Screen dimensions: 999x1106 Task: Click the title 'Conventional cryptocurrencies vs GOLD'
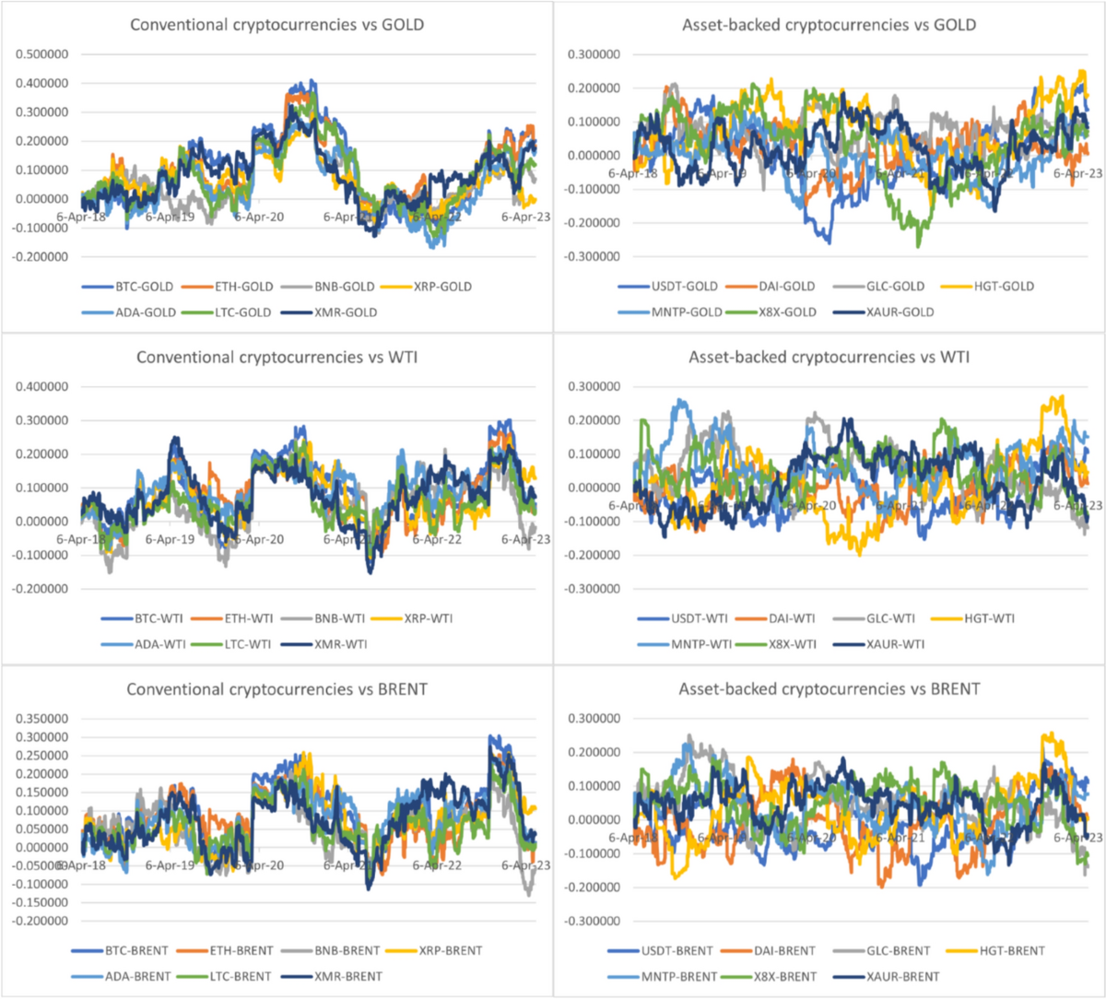tap(276, 25)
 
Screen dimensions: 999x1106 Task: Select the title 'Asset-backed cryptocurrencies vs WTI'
tap(829, 357)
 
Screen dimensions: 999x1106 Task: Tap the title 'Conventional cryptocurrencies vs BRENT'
tap(276, 688)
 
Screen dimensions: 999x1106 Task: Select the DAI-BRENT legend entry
tap(784, 950)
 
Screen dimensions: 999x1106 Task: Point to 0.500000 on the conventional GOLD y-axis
tap(41, 54)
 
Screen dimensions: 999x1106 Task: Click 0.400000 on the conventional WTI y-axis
tap(41, 387)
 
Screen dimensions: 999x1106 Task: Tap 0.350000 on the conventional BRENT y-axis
tap(41, 719)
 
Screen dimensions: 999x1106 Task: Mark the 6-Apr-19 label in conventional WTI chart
tap(170, 539)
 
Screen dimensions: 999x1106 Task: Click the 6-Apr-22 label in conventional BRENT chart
tap(437, 865)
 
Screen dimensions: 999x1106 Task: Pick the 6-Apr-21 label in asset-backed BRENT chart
tap(900, 838)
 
